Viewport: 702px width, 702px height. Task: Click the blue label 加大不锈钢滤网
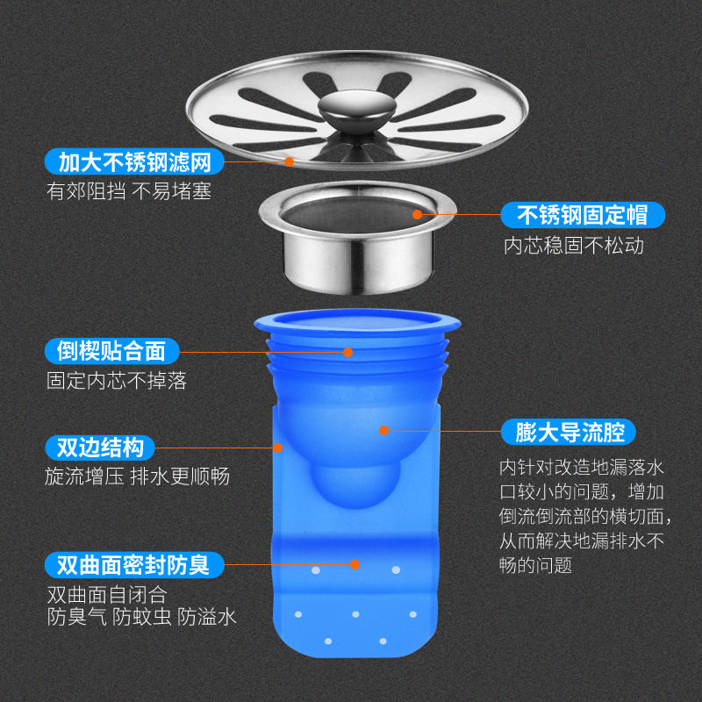tap(134, 161)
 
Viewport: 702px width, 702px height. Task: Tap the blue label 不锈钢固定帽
tap(583, 215)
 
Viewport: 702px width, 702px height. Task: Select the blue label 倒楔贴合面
tap(112, 351)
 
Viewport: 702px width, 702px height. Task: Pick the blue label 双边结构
tap(100, 448)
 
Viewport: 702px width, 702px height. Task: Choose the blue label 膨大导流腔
tap(569, 432)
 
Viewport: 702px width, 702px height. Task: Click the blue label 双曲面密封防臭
tap(134, 564)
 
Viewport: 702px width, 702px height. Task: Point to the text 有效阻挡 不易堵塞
tap(129, 191)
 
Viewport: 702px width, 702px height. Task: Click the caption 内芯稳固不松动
tap(574, 246)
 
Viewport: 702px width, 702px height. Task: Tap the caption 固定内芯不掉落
tap(117, 381)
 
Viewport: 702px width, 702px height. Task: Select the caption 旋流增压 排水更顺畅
tap(138, 476)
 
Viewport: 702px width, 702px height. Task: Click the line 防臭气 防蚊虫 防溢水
tap(142, 618)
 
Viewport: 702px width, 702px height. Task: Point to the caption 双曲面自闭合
tap(107, 596)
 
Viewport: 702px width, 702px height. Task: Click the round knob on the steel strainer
tap(357, 109)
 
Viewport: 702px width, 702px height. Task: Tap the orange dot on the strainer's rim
tap(290, 161)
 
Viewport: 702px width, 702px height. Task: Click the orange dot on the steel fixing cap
tap(418, 214)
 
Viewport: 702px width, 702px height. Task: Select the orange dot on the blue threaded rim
tap(347, 353)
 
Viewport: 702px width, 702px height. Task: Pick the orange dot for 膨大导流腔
tap(383, 430)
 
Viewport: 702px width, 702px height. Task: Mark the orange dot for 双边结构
tap(277, 448)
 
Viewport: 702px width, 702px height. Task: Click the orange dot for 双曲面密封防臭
tap(355, 564)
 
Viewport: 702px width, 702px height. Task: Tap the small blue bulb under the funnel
tap(356, 486)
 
